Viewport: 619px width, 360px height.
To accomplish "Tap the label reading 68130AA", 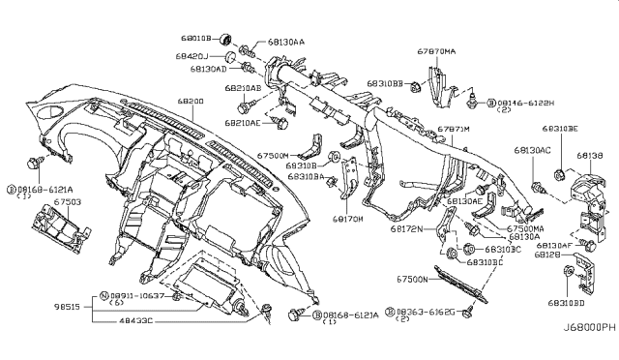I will [285, 43].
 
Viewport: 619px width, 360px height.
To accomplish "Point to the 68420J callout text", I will [193, 57].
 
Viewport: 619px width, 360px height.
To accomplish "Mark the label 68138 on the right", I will [588, 154].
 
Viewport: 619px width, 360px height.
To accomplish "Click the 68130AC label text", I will [530, 150].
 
